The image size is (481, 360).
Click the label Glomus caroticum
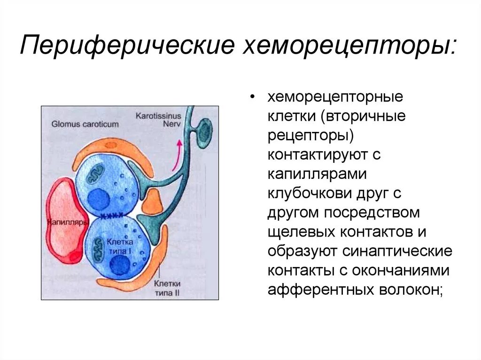click(x=85, y=124)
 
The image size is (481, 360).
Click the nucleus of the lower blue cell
click(x=120, y=266)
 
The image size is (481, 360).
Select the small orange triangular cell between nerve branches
click(x=152, y=201)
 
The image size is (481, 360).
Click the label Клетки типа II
click(x=167, y=289)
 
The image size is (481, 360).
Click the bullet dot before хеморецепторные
click(x=253, y=97)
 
